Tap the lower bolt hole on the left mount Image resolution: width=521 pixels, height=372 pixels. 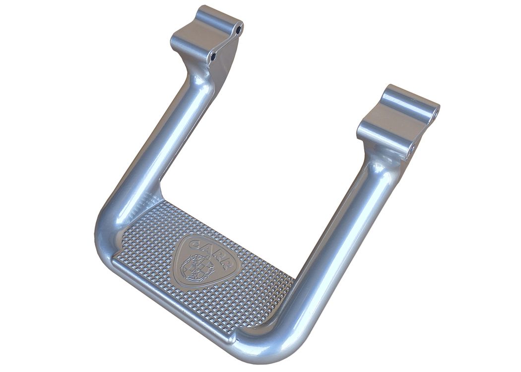click(214, 57)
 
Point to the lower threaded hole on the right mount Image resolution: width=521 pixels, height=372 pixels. click(412, 148)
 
